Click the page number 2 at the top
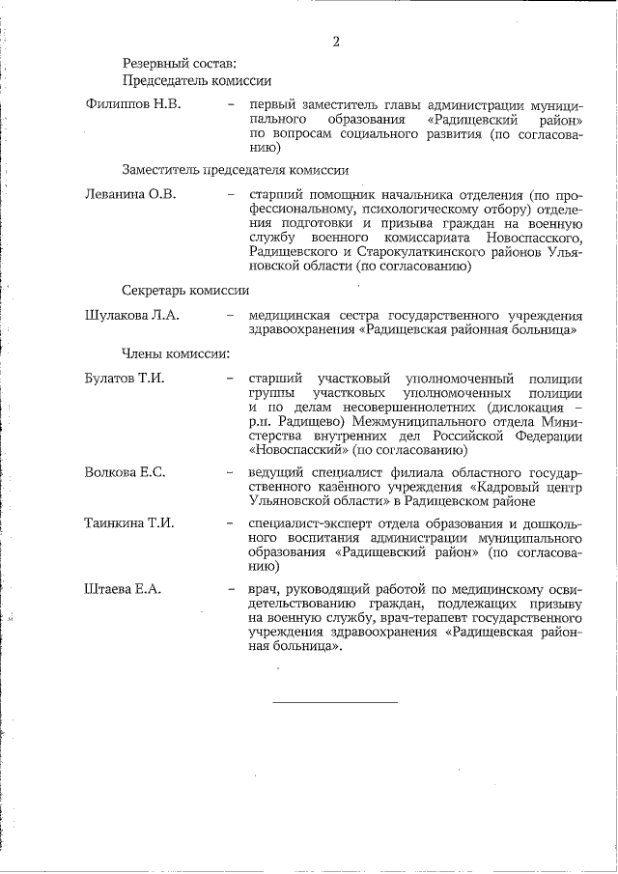coord(335,41)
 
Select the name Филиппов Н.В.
coord(133,103)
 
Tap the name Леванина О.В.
coord(130,195)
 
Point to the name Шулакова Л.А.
coord(132,315)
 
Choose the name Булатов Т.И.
coord(125,378)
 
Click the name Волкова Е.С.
coord(126,471)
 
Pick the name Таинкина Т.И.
coord(129,523)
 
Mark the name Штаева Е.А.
coord(123,588)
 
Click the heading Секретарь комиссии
coord(185,290)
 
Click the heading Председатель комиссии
coord(196,81)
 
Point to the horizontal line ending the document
coord(334,700)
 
